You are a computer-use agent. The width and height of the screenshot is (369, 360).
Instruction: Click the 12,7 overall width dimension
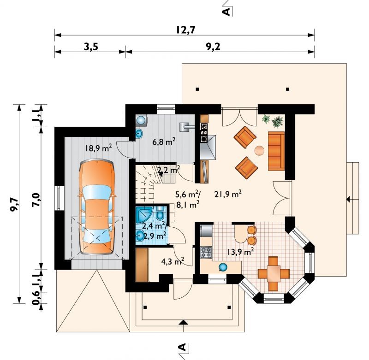[186, 30]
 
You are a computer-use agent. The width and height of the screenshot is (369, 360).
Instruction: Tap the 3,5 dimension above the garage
[91, 47]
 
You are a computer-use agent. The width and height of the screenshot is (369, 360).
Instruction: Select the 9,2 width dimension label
[213, 47]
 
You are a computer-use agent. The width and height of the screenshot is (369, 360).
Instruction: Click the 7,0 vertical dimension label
[36, 200]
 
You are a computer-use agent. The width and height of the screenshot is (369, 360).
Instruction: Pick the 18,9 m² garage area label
[98, 148]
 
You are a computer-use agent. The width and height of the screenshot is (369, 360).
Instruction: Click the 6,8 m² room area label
[164, 142]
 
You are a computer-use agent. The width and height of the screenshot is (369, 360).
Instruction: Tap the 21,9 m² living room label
[228, 194]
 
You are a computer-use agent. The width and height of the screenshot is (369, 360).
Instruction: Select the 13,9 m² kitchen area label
[240, 252]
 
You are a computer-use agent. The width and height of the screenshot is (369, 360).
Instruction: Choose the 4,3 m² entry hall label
[173, 261]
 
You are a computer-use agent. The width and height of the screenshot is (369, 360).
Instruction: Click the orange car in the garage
[97, 207]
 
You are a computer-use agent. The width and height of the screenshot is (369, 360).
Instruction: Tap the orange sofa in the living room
[276, 151]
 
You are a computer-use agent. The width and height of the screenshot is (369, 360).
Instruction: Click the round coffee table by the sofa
[260, 150]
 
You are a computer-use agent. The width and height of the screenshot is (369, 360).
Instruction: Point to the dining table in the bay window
[274, 274]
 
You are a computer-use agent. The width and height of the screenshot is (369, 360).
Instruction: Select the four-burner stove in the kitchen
[206, 252]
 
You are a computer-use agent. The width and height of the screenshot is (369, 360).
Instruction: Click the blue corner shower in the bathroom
[144, 214]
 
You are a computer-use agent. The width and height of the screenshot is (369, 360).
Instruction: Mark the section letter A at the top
[226, 11]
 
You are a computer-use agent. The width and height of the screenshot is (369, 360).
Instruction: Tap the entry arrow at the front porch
[183, 322]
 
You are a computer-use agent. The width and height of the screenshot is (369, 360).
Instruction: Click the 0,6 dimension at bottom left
[36, 298]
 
